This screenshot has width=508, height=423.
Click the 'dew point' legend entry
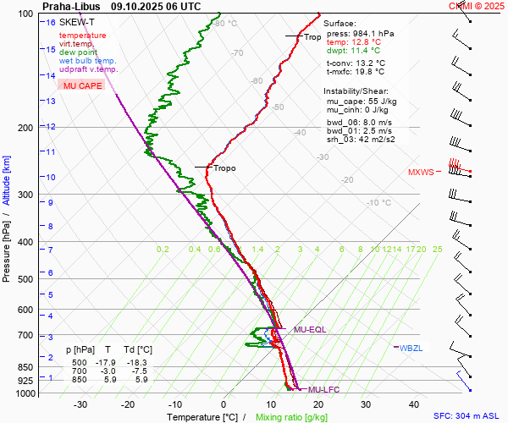77,52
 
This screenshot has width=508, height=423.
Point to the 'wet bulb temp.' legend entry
87,61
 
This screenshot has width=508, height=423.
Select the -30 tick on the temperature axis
80,404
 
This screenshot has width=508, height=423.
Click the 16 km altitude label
52,23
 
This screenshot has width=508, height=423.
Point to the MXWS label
421,172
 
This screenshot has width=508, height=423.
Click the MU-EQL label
309,329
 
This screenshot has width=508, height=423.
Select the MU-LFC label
323,389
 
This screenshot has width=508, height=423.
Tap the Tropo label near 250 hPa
224,168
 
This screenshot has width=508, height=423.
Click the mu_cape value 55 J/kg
379,101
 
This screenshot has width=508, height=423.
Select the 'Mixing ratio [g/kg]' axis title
292,417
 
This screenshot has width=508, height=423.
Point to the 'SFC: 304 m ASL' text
468,416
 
